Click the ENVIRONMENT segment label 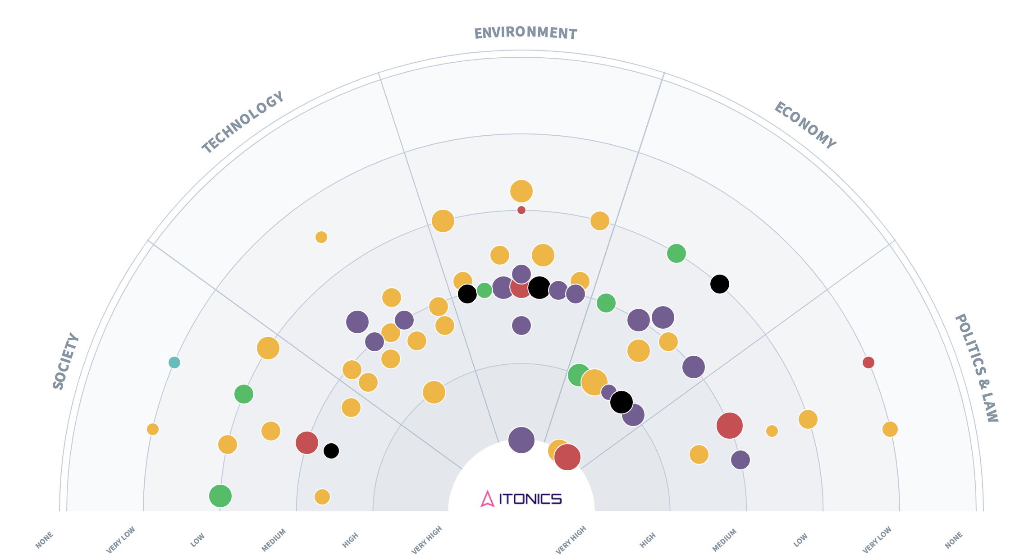[525, 33]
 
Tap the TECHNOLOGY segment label [243, 122]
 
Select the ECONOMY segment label [805, 125]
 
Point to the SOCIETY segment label [66, 361]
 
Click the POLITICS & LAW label [976, 368]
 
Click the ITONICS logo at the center [521, 499]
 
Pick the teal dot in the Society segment [174, 363]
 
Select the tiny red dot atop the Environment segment [521, 210]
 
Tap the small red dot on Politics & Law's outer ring [869, 363]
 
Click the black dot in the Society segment [331, 450]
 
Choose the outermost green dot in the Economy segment [677, 253]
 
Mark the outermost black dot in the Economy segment [720, 284]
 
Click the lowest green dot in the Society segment [220, 496]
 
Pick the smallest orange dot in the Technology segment [321, 237]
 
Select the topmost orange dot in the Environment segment [521, 191]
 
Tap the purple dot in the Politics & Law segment [741, 460]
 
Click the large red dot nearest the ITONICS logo [567, 457]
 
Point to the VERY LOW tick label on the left [121, 540]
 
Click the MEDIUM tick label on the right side [724, 540]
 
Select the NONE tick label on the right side [954, 540]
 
